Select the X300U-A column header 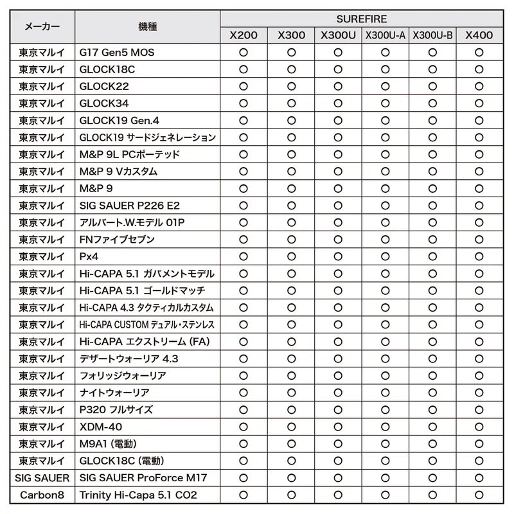tap(385, 35)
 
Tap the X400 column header tap(479, 35)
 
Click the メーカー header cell tap(42, 27)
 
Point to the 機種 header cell tap(147, 27)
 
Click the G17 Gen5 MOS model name tap(116, 52)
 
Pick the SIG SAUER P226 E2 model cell tap(130, 206)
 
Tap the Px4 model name tap(89, 256)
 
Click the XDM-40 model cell tap(100, 427)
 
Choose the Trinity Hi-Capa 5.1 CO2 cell tap(137, 495)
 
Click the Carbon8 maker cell tap(42, 495)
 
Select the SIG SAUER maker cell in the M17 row tap(42, 478)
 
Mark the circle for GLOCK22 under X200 tap(244, 86)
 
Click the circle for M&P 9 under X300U tap(338, 188)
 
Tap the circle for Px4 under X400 tap(479, 256)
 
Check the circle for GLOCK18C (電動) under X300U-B tap(432, 461)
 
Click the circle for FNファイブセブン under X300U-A tap(385, 239)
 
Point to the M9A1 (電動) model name tap(108, 444)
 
